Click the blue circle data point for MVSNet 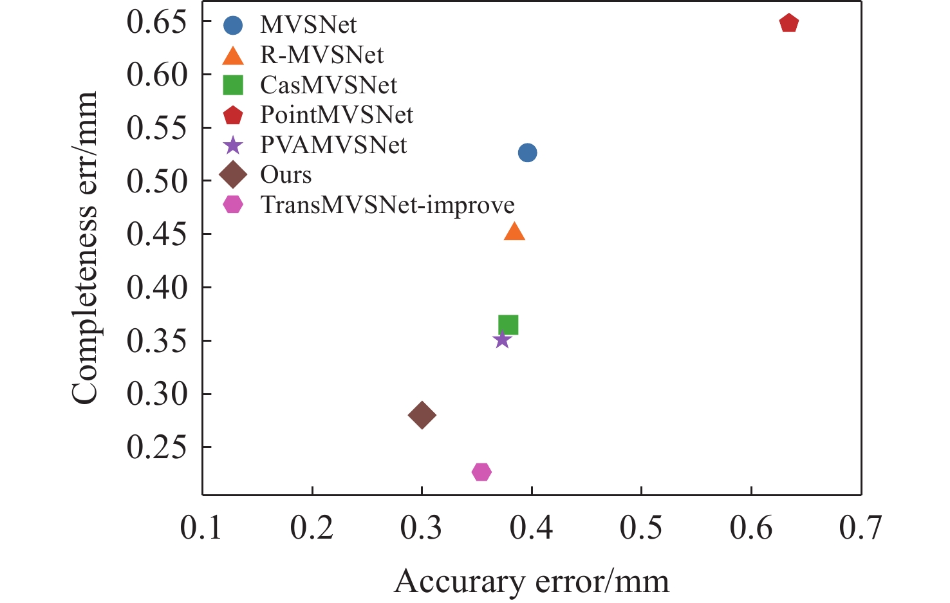(x=527, y=153)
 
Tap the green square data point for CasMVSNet (x=508, y=325)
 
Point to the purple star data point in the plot (x=502, y=339)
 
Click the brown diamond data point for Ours (x=422, y=415)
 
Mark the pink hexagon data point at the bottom (x=481, y=472)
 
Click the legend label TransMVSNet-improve (x=387, y=205)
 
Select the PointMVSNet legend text (x=337, y=115)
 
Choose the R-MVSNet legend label (x=322, y=55)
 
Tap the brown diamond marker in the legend (x=233, y=174)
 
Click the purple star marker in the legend (x=233, y=145)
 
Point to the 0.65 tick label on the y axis (x=156, y=22)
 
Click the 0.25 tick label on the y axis (x=156, y=447)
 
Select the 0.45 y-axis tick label (x=156, y=234)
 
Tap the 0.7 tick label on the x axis (x=861, y=528)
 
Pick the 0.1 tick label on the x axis (x=201, y=528)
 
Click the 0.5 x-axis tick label (x=641, y=528)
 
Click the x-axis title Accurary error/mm (x=532, y=582)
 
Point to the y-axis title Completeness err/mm (x=84, y=248)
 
